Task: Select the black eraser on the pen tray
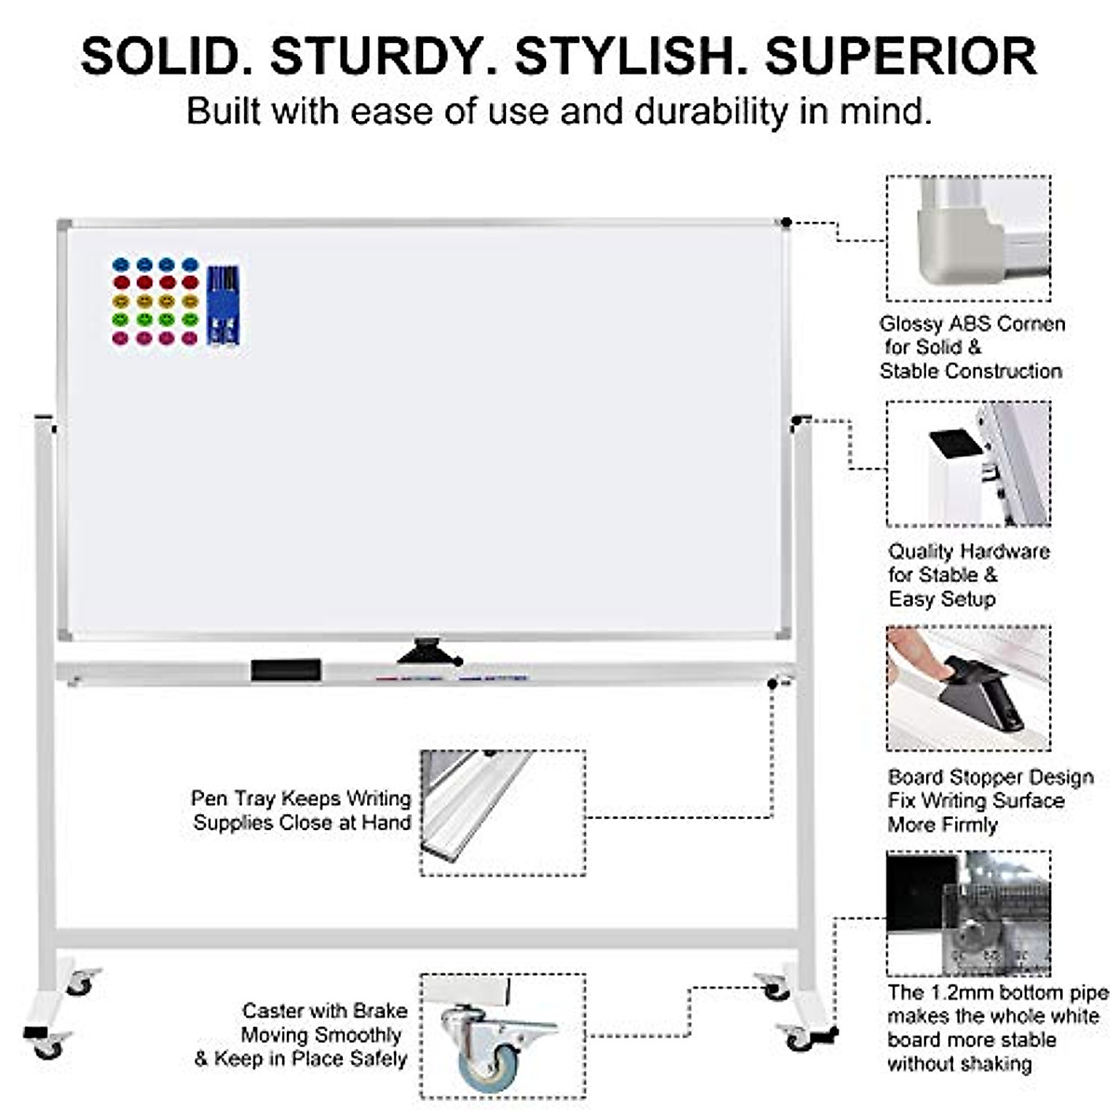click(x=286, y=670)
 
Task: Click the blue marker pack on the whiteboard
click(x=224, y=305)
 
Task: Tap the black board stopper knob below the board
click(x=429, y=651)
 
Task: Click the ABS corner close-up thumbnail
click(x=969, y=239)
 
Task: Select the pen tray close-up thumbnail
click(x=503, y=812)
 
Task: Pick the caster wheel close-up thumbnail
click(x=503, y=1036)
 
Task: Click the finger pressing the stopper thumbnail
click(x=969, y=688)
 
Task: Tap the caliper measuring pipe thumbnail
click(x=969, y=913)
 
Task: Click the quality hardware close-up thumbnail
click(x=969, y=463)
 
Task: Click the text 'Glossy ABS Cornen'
click(x=972, y=324)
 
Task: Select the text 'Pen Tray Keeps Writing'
click(x=301, y=799)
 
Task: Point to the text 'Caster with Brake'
click(x=324, y=1011)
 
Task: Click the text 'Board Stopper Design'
click(x=990, y=777)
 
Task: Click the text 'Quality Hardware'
click(x=968, y=552)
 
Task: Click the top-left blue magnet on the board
click(x=120, y=265)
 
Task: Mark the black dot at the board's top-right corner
click(x=786, y=222)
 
